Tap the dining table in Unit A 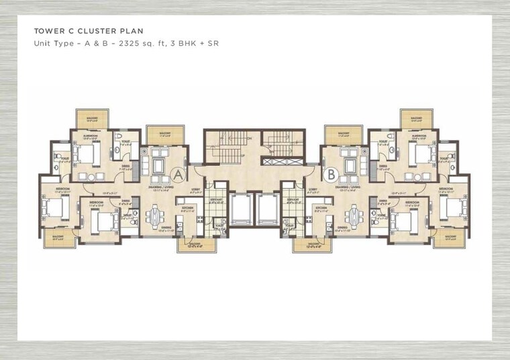(x=156, y=216)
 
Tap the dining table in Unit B (x=354, y=216)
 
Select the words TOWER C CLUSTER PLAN (x=89, y=32)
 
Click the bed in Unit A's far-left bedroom (x=54, y=208)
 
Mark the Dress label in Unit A (x=125, y=168)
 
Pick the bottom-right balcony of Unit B (x=448, y=238)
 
